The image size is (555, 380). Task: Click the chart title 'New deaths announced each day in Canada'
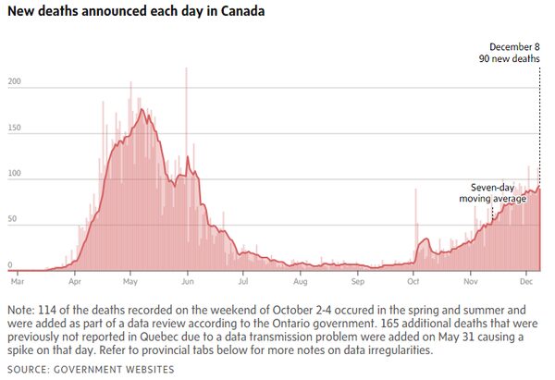[135, 13]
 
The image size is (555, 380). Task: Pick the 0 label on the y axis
[11, 264]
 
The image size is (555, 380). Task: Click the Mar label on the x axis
[17, 279]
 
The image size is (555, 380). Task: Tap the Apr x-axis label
[74, 279]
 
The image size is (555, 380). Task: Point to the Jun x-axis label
[188, 279]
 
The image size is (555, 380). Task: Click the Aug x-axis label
[300, 279]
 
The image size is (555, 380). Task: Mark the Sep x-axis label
[357, 279]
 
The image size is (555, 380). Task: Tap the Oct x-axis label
[413, 279]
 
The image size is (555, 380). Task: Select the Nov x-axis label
[471, 279]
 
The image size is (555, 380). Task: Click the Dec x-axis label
[526, 279]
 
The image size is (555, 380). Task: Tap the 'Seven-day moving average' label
[492, 192]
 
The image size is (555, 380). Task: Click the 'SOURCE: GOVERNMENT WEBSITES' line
[90, 369]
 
